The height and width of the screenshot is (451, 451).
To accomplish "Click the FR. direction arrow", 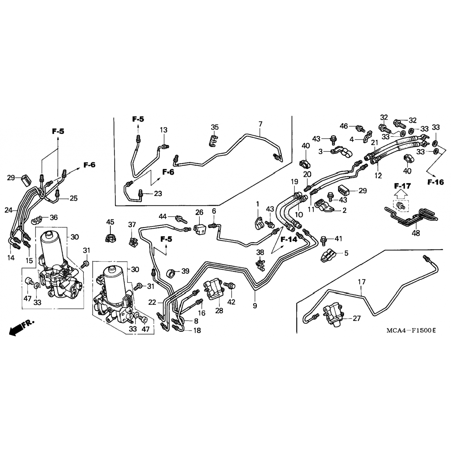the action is tap(22, 327).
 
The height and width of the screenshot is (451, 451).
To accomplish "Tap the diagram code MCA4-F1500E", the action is tap(411, 330).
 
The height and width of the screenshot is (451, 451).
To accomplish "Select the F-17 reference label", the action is tap(403, 186).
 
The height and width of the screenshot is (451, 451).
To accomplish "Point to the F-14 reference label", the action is tap(289, 239).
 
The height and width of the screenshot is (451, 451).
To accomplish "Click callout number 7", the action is tap(260, 124).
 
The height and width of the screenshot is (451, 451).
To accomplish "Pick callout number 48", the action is tap(416, 233).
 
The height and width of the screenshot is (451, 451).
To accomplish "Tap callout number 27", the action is tap(357, 318).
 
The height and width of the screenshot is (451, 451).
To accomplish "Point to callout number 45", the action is tap(110, 222).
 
